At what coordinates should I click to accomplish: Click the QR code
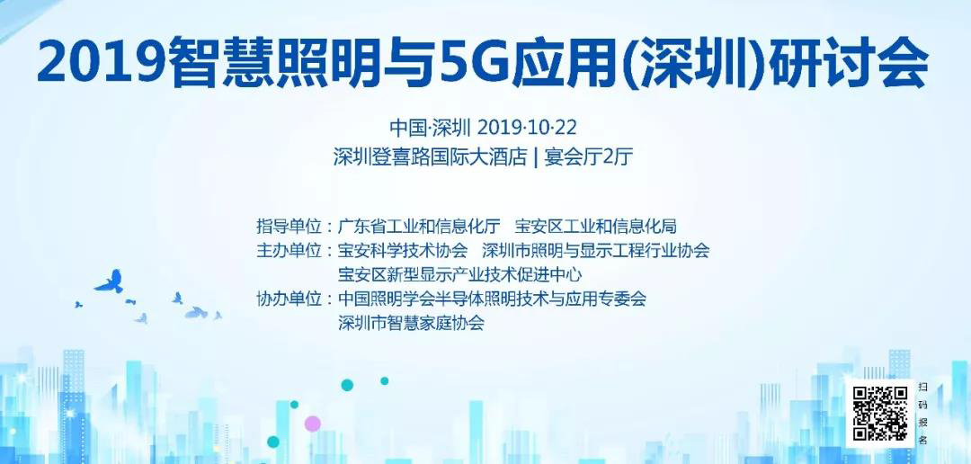[880, 414]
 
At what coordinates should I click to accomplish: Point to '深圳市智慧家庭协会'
[412, 323]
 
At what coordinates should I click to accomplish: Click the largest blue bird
[109, 282]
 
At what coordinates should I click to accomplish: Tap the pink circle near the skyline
[313, 423]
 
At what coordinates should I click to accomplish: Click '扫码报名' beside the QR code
[923, 414]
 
